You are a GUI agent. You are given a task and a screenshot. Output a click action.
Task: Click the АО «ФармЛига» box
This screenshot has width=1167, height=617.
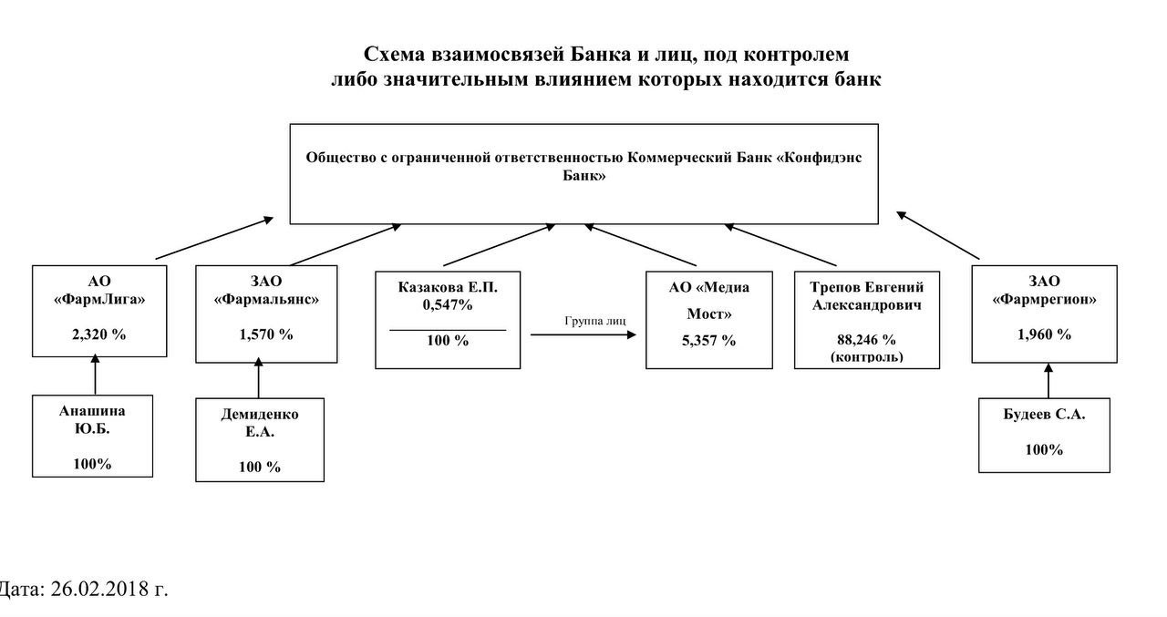pyautogui.click(x=99, y=310)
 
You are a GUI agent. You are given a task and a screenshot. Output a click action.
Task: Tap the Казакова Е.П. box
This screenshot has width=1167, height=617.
pyautogui.click(x=448, y=318)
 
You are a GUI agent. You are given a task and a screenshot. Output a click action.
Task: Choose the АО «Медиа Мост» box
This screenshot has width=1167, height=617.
pyautogui.click(x=708, y=318)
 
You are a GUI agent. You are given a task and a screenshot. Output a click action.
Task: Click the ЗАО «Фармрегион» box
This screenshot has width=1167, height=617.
pyautogui.click(x=1044, y=310)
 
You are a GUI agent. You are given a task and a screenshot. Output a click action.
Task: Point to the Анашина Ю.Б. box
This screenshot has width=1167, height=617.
pyautogui.click(x=92, y=436)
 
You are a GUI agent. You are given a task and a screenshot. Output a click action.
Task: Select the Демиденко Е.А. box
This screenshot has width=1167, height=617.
pyautogui.click(x=260, y=439)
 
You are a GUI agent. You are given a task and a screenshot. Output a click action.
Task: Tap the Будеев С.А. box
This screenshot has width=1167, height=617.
pyautogui.click(x=1044, y=435)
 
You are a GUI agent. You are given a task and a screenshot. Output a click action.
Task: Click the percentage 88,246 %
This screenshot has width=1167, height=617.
pyautogui.click(x=866, y=339)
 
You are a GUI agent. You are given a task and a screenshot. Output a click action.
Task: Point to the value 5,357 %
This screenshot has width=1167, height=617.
pyautogui.click(x=708, y=340)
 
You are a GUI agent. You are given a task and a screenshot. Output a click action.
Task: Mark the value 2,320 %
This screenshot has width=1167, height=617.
pyautogui.click(x=98, y=334)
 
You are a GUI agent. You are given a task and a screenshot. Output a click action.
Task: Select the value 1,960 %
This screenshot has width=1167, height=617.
pyautogui.click(x=1044, y=334)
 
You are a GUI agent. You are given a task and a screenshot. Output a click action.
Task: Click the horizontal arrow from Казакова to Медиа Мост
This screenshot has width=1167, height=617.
pyautogui.click(x=583, y=335)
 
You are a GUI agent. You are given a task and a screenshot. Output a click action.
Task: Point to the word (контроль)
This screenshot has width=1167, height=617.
pyautogui.click(x=866, y=356)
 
